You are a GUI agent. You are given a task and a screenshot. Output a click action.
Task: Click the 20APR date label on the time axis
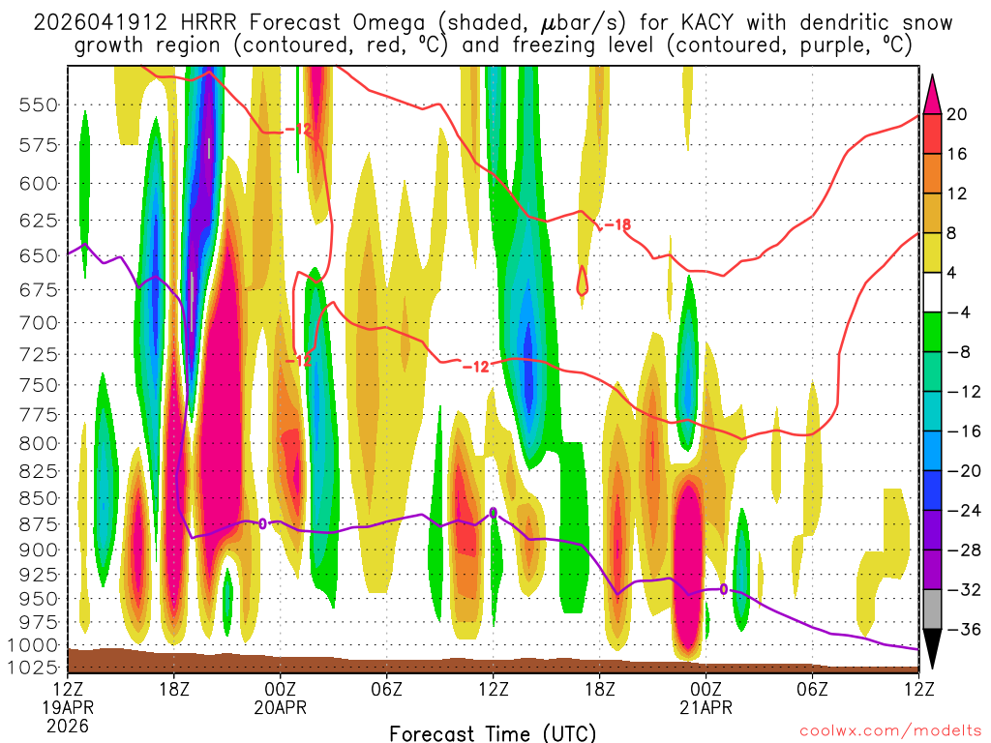point(281,706)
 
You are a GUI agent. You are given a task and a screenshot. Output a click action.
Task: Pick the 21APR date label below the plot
point(706,706)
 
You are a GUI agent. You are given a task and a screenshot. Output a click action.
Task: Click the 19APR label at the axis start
point(68,706)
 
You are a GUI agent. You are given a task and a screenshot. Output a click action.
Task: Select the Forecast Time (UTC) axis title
point(493,732)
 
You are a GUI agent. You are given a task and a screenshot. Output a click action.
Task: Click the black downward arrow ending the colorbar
point(933,651)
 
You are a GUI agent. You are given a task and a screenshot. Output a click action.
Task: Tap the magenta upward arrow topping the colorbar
point(933,93)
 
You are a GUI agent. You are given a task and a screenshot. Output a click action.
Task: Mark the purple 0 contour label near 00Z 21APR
point(723,589)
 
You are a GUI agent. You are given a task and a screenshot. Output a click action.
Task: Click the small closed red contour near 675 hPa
point(583,282)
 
